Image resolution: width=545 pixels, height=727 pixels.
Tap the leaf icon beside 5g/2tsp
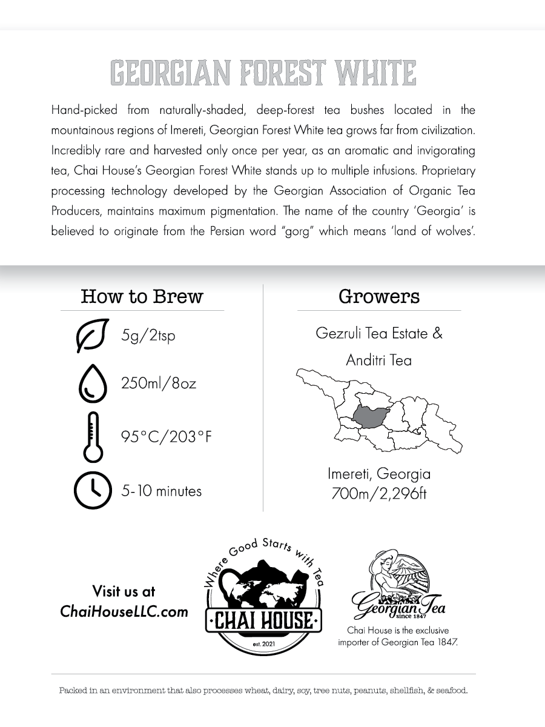(91, 335)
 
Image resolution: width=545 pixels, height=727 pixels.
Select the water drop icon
(93, 384)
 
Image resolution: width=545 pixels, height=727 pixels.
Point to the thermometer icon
(93, 437)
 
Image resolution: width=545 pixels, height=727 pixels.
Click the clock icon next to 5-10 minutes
(93, 490)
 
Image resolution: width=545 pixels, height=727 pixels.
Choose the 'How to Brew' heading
(142, 296)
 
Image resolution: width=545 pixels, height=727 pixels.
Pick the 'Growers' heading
(378, 296)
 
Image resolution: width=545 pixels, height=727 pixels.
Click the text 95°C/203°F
(166, 437)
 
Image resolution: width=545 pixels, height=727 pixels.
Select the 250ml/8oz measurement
(159, 384)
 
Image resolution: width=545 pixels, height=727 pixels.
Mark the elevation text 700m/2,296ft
(378, 494)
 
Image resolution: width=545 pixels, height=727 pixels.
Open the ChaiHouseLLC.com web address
(124, 611)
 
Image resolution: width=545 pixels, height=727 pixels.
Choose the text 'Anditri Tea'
(378, 360)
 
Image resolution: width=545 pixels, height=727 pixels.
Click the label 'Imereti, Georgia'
(378, 474)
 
